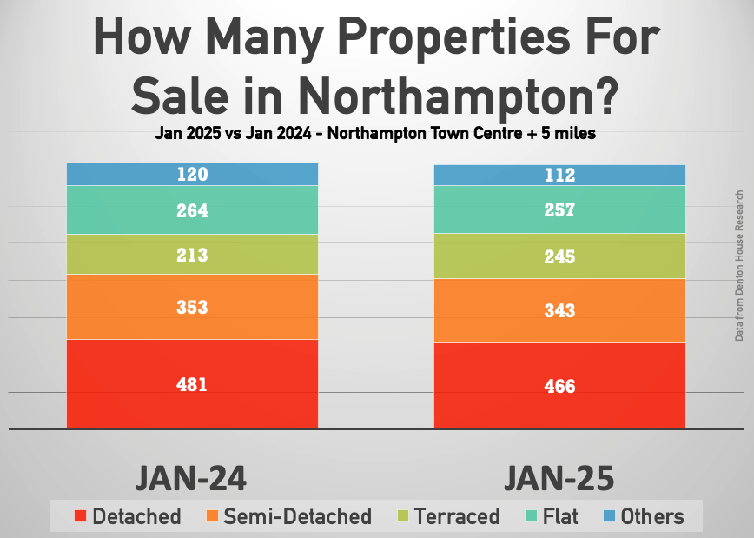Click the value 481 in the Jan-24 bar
coord(192,384)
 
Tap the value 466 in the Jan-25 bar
coord(559,386)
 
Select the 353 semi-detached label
coord(192,307)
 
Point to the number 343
coord(559,310)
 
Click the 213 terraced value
coord(192,256)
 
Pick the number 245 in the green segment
coord(559,256)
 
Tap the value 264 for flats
coord(192,210)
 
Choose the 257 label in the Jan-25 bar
coord(559,210)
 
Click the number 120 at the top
coord(192,175)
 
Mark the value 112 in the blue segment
coord(559,176)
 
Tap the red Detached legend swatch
coord(80,516)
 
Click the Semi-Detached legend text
coord(297,516)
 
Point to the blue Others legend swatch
coord(610,516)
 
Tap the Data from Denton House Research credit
coord(739,265)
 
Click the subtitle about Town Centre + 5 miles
coord(376,135)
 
